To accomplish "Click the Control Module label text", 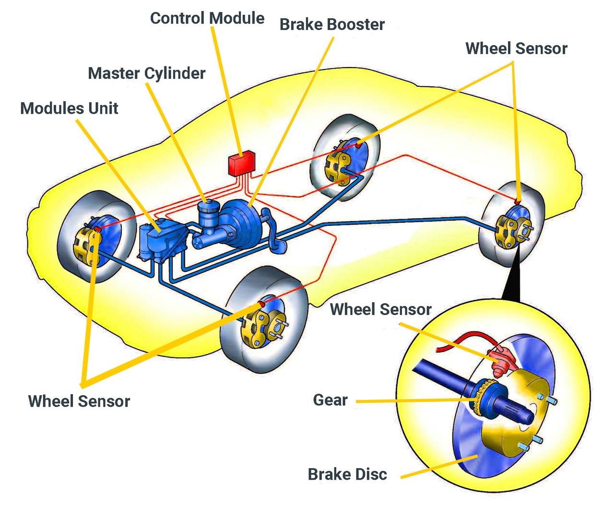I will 207,18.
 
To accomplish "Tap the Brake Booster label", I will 332,24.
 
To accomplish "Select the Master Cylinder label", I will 146,73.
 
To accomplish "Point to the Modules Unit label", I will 69,108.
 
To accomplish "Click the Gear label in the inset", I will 330,400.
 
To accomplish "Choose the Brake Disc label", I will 347,474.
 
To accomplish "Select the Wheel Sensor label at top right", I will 516,48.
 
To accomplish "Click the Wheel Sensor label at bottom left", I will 79,401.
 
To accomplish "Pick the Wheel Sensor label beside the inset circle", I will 381,309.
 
